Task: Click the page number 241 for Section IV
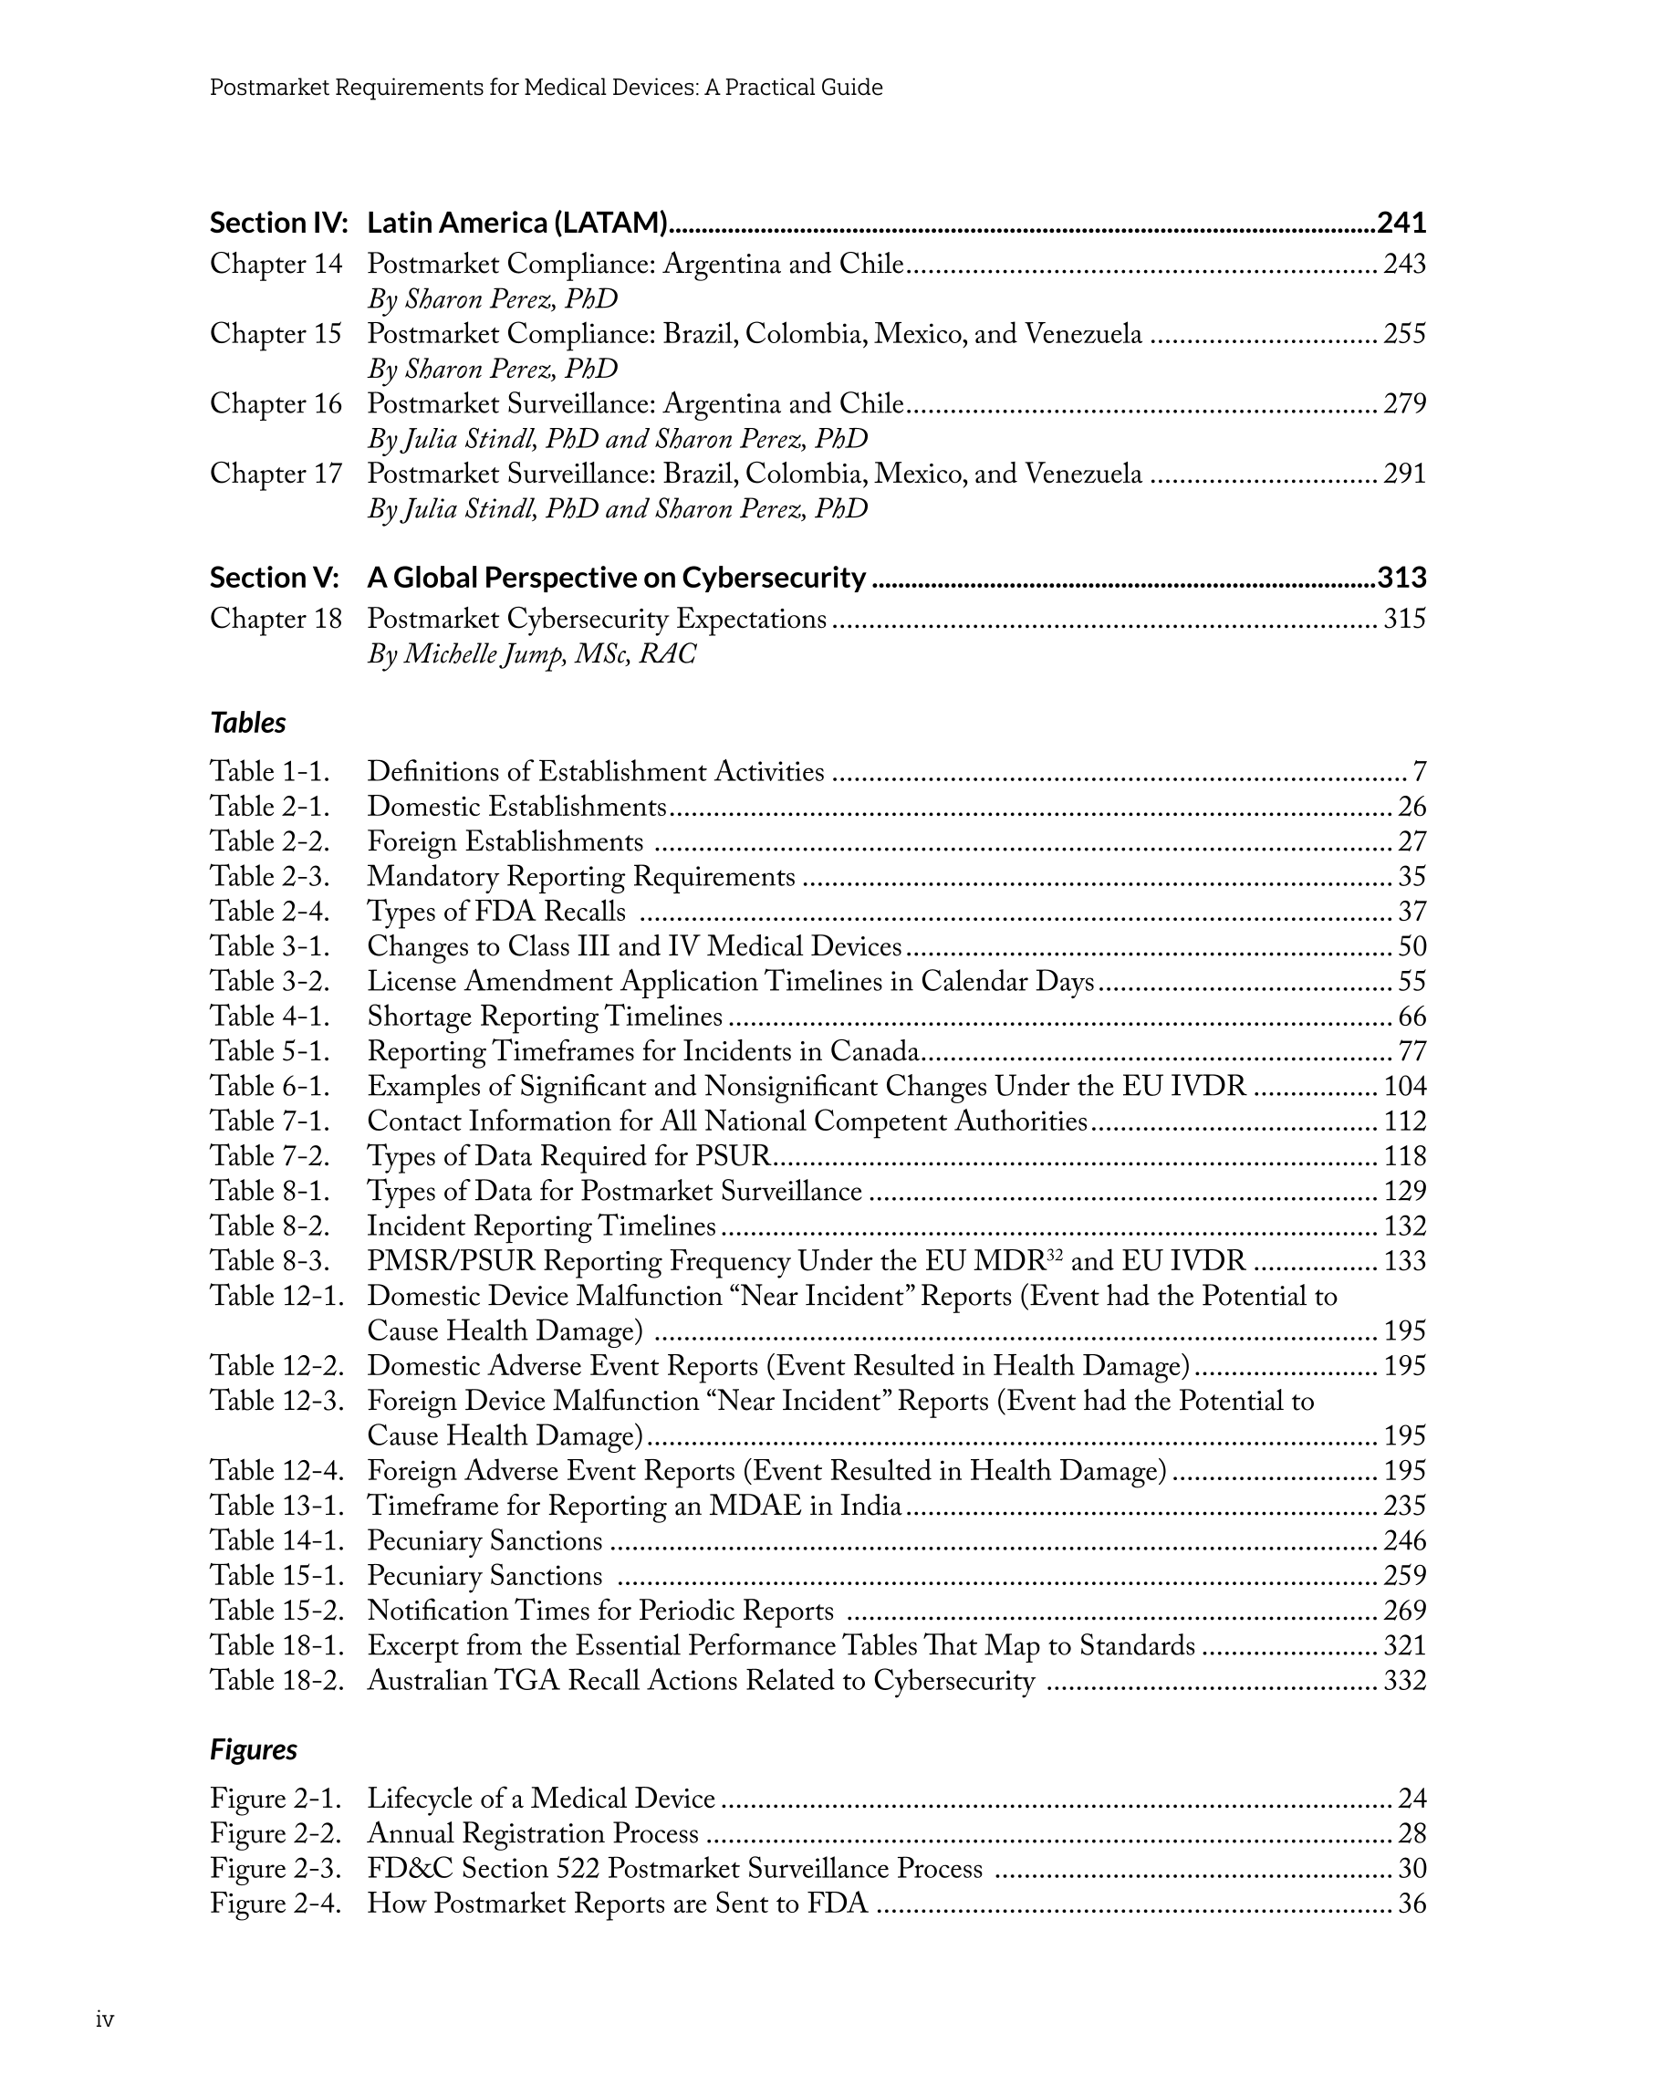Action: coord(1401,223)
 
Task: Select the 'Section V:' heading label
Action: coord(275,578)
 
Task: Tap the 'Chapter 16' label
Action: coord(276,403)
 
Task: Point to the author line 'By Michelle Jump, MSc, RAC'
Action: coord(531,653)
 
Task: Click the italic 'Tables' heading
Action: coord(248,723)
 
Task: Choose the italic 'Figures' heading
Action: coord(253,1749)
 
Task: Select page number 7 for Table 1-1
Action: coord(1419,772)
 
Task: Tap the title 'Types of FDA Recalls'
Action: coord(496,912)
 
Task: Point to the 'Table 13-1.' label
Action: coord(277,1506)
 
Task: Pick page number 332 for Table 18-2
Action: coord(1404,1681)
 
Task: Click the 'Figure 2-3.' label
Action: coord(276,1869)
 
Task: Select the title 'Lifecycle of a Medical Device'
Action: coord(541,1799)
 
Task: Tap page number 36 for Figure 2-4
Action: coord(1411,1904)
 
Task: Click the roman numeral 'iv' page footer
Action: coord(105,2019)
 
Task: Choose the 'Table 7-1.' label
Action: coord(269,1122)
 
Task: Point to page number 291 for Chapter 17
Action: coord(1404,474)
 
